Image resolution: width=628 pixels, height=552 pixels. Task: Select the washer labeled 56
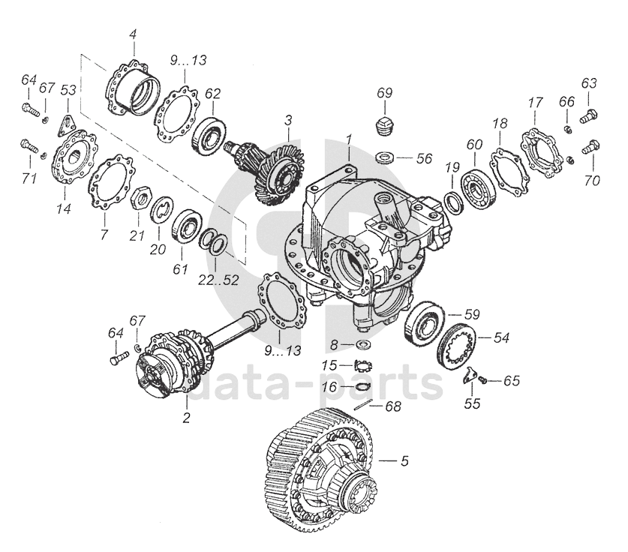tap(385, 158)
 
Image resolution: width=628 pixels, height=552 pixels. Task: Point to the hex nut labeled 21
tap(137, 199)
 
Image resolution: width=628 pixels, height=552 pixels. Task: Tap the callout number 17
tap(535, 102)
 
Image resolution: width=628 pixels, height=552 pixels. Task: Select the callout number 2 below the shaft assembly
tap(187, 418)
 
